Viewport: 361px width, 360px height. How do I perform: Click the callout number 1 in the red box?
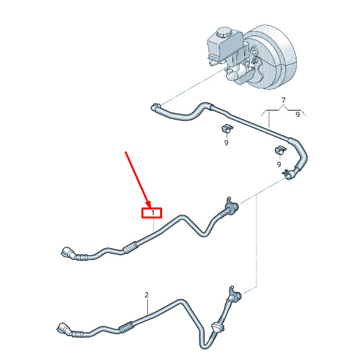click(152, 213)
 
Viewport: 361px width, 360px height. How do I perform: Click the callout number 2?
click(147, 295)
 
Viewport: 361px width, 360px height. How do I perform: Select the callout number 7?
click(284, 100)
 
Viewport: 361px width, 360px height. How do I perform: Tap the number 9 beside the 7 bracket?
click(298, 114)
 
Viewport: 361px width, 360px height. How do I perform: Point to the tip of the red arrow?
click(150, 207)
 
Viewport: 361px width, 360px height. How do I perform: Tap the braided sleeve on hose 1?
click(130, 248)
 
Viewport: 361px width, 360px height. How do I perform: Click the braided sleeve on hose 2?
click(126, 327)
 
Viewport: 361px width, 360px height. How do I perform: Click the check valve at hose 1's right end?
click(231, 205)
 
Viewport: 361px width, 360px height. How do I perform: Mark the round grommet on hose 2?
click(216, 326)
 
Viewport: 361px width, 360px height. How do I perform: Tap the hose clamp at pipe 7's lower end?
click(289, 175)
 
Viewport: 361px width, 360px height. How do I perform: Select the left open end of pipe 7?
click(156, 107)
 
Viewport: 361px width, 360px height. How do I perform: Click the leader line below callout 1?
click(153, 225)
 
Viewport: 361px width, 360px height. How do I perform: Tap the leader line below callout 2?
click(147, 306)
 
